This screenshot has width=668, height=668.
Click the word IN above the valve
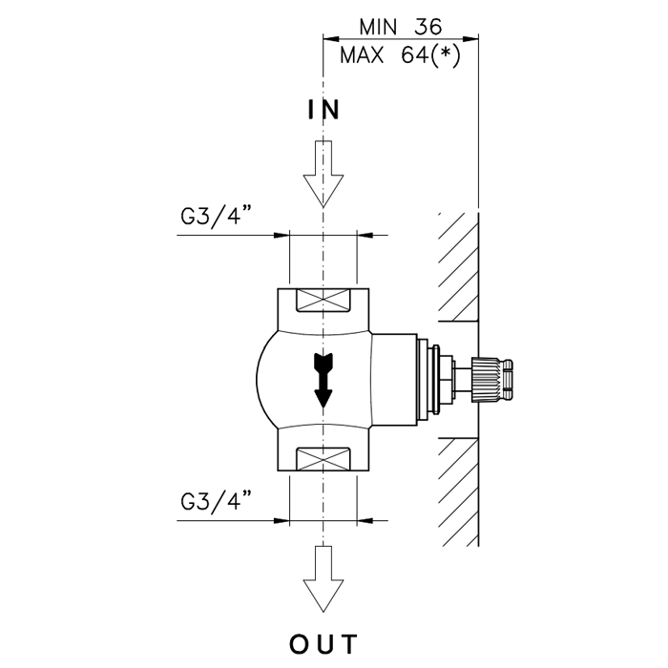[324, 110]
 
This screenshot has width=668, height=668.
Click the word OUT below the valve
[324, 644]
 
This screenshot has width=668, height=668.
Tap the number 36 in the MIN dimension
[428, 28]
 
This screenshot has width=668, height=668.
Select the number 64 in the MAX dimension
[414, 55]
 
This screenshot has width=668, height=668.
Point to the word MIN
[378, 28]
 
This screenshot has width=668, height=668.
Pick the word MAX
[362, 55]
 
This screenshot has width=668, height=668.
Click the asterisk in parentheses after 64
[446, 53]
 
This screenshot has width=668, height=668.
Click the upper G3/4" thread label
[215, 216]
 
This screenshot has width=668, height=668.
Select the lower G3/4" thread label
[215, 500]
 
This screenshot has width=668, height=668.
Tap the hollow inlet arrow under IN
[324, 174]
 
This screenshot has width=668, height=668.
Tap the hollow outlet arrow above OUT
[324, 578]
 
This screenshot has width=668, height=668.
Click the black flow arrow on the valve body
[323, 380]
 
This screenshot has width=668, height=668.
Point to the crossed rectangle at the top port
[324, 300]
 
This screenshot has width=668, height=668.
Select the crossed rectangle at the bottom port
[324, 459]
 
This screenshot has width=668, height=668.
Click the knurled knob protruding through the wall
[485, 380]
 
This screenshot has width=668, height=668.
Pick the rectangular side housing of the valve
[394, 380]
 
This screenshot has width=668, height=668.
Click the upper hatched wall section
[458, 266]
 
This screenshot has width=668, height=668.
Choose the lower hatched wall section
[458, 492]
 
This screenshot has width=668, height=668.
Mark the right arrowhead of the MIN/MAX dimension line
[470, 39]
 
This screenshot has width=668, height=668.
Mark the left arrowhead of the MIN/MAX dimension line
[331, 39]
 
